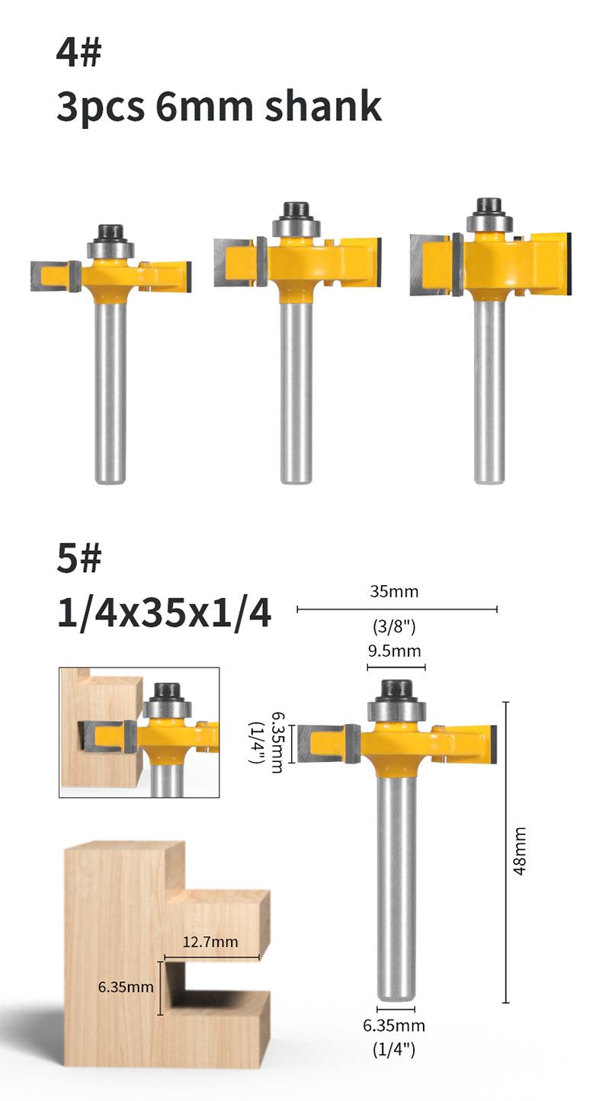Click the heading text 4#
point(78,53)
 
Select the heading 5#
point(78,559)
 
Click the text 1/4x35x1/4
point(164,614)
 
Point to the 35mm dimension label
point(394,591)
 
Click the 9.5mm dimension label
point(395,651)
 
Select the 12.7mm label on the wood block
point(210,942)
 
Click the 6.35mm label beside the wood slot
point(126,987)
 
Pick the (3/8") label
point(394,626)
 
